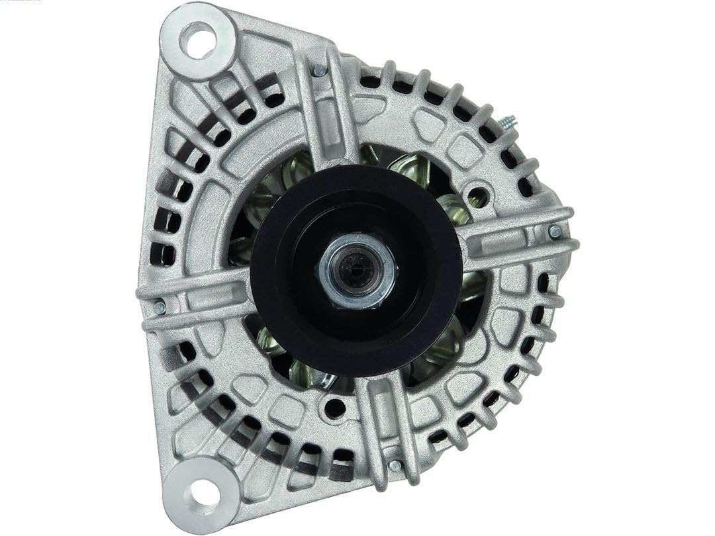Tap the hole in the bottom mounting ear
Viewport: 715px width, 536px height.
point(203,491)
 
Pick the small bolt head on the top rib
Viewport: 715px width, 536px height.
point(320,69)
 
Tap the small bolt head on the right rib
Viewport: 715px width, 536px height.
point(555,231)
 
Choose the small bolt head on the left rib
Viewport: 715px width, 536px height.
point(159,307)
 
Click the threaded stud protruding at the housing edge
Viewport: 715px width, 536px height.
point(509,123)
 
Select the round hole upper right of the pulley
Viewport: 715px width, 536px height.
point(477,196)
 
